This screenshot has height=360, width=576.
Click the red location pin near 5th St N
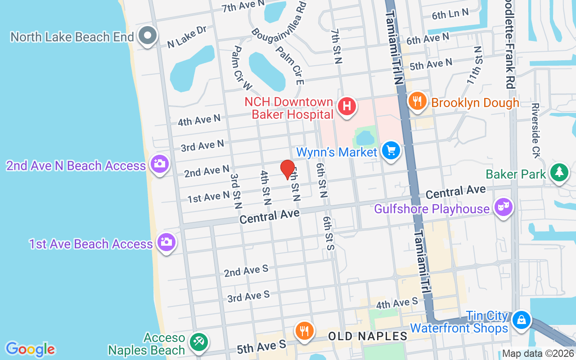pos(288,169)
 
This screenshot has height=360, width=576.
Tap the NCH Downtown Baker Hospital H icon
pos(347,107)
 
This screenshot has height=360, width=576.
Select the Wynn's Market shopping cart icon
pos(391,151)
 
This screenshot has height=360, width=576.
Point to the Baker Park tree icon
pos(559,172)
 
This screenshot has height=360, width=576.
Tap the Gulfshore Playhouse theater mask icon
pos(504,207)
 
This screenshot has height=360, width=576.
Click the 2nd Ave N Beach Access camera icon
pos(159,164)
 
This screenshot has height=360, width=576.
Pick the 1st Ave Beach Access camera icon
pos(166,242)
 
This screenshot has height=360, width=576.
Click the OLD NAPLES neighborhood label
pos(368,336)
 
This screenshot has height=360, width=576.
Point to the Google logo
pos(30,349)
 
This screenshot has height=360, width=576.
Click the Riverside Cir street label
pos(535,130)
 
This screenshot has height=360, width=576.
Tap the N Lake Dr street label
pos(187,37)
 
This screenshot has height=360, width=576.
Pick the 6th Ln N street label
pos(450,14)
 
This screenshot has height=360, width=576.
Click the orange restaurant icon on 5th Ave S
pos(305,331)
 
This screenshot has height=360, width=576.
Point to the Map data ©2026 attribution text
pos(538,354)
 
